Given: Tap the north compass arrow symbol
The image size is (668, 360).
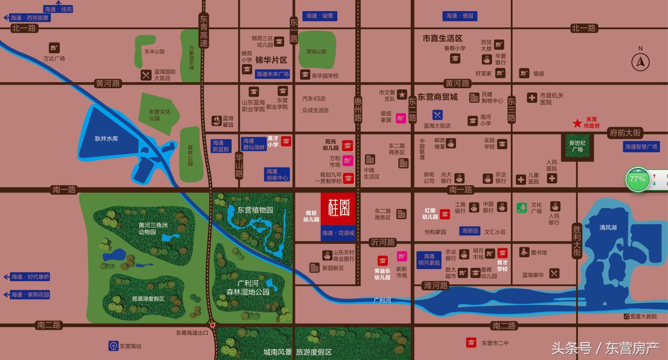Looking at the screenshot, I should [640, 62].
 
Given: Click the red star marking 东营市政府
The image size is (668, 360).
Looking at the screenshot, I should [577, 123].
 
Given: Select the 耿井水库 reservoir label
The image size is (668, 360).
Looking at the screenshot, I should [107, 139].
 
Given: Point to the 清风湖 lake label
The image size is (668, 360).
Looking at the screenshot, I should [608, 227].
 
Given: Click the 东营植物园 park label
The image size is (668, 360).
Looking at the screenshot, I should [255, 210].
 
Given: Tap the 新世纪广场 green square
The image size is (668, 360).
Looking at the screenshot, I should [577, 146].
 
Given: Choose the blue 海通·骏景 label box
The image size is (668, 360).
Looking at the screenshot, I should [320, 16].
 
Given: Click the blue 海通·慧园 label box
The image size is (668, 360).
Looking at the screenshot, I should [460, 16].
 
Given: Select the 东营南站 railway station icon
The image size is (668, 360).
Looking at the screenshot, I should [113, 346].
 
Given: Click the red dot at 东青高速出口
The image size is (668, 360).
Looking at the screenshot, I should [213, 325].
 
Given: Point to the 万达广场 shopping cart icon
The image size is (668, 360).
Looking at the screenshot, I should [54, 47].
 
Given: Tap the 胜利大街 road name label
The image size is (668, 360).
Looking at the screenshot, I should [577, 241].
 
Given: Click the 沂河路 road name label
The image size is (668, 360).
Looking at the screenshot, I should [383, 242].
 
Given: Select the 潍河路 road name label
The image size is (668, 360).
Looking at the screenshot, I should [436, 285].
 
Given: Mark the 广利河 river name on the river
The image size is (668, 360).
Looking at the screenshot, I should [382, 300].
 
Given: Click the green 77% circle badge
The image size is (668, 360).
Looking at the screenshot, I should [638, 179].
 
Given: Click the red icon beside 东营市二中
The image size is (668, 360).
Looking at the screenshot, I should [471, 343].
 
